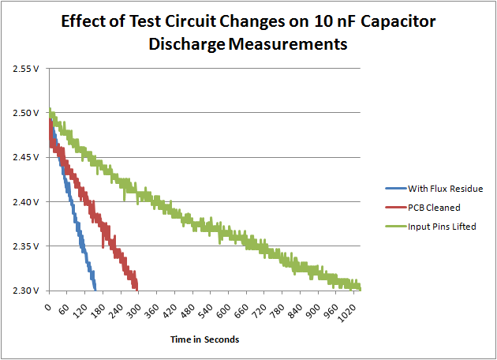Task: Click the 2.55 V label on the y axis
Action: pos(28,69)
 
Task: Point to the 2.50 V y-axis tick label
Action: pos(28,113)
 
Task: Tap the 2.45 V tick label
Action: pos(28,157)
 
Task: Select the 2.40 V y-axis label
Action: pos(28,202)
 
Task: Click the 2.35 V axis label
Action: pos(28,246)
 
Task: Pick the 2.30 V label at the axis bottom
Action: pos(28,291)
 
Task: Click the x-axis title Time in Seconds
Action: pos(204,339)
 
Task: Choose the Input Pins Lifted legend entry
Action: pos(442,227)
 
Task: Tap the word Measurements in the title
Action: pos(288,45)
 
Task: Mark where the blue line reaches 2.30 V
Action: pos(95,289)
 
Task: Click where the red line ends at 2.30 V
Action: pos(137,288)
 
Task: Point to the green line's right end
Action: pos(360,288)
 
